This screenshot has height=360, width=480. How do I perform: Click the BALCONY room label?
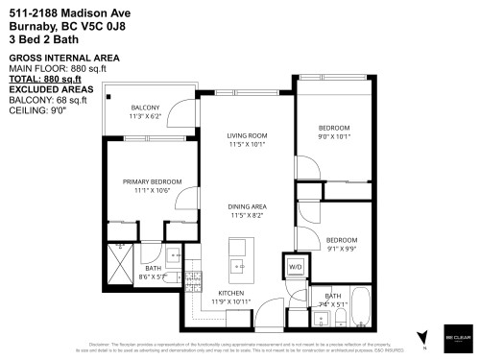pyautogui.click(x=145, y=107)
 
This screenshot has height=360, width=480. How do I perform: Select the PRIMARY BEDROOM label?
pyautogui.click(x=146, y=180)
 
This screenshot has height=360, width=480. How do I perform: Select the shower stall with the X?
pyautogui.click(x=120, y=261)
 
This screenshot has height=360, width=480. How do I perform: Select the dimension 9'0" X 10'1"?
pyautogui.click(x=333, y=136)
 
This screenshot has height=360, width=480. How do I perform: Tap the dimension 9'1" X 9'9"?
pyautogui.click(x=341, y=249)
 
